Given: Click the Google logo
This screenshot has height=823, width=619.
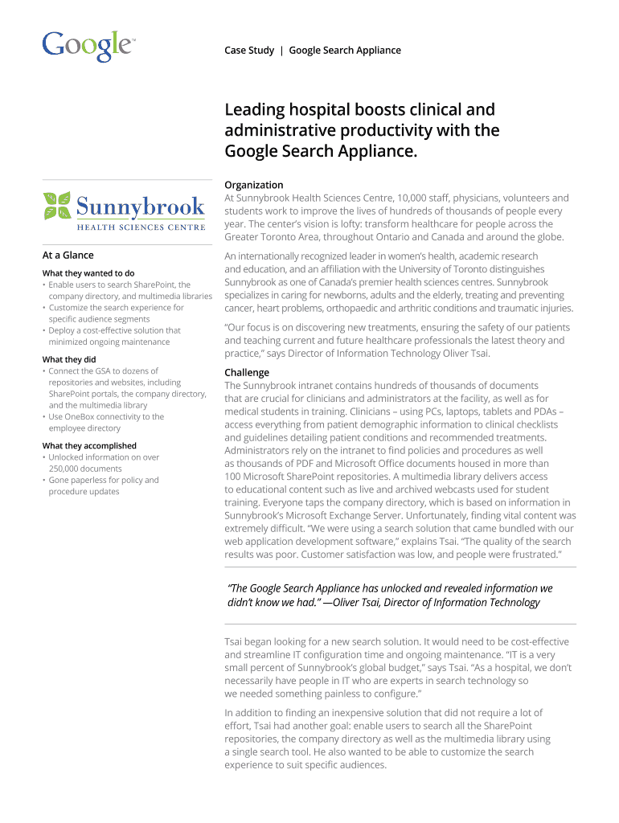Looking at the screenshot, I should (x=88, y=46).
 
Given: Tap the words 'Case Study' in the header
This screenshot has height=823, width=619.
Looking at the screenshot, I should (x=249, y=51).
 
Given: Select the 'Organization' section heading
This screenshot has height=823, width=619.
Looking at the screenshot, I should (x=254, y=185).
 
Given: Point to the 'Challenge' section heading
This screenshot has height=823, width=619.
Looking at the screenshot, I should (x=247, y=373).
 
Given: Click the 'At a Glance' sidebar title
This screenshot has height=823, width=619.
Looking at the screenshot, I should (x=68, y=255).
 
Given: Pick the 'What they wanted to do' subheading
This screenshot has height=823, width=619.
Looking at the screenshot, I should (x=88, y=273).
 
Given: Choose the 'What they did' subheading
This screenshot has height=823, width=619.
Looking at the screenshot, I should (x=69, y=359).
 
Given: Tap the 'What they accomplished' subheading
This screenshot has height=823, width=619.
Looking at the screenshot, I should (x=89, y=445).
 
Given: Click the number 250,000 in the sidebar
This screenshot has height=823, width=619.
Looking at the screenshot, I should (x=64, y=469).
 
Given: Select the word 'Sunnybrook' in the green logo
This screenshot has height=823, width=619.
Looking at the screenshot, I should (x=140, y=207).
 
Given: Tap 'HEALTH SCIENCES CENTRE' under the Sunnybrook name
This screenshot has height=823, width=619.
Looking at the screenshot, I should (x=141, y=226).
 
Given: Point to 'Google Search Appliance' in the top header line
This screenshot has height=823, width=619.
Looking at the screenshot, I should (x=345, y=51).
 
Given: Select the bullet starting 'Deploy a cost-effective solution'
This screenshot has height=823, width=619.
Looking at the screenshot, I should (x=113, y=330).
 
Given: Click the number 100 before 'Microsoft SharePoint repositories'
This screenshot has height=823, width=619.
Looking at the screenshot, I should (x=232, y=476).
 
